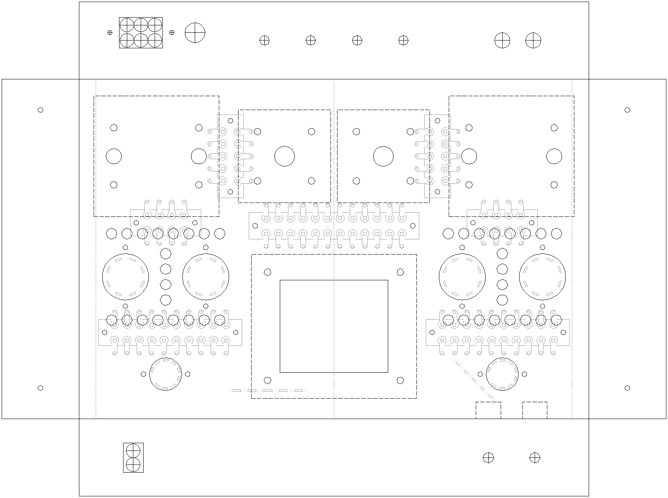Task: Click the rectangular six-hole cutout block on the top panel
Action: point(141,33)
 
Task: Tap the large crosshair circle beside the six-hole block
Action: point(195,32)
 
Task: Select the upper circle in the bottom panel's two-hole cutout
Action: point(133,451)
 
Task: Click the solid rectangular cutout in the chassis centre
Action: point(334,326)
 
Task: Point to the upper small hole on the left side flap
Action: point(40,110)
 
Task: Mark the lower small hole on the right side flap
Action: point(628,388)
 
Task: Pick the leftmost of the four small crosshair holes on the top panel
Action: point(265,40)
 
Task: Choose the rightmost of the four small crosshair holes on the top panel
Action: point(403,40)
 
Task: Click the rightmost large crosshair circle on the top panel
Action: point(533,41)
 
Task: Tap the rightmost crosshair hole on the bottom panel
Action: point(535,457)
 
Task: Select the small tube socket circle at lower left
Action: point(165,374)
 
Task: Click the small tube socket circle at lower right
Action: point(502,374)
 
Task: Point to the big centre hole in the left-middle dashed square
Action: point(285,156)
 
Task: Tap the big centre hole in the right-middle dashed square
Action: point(383,156)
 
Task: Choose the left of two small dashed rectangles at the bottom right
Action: point(488,410)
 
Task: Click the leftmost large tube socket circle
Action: point(125,277)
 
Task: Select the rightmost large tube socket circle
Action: point(542,277)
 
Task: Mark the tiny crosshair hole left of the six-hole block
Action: point(110,32)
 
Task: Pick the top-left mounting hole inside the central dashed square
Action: point(268,272)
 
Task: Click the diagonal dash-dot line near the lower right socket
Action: point(475,381)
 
